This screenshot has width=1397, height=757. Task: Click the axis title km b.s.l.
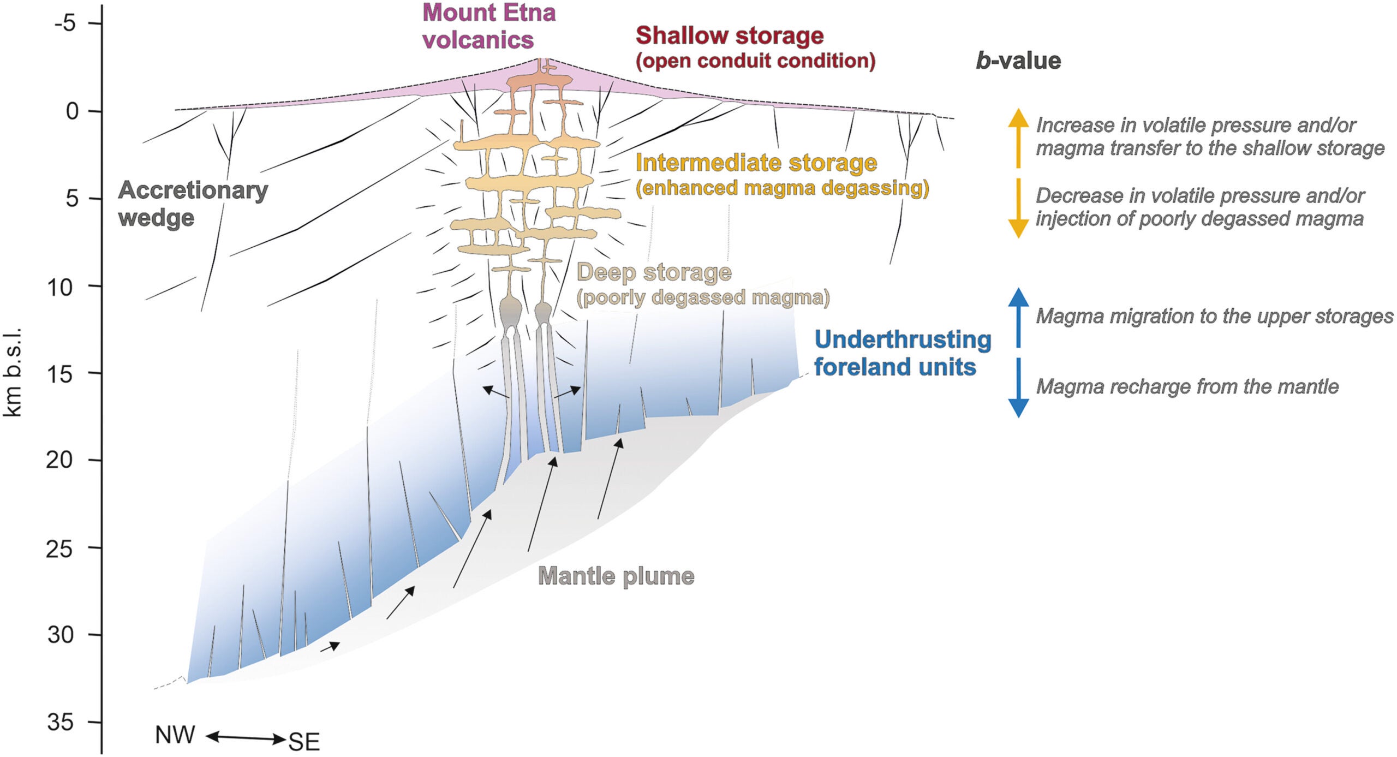[x=12, y=373]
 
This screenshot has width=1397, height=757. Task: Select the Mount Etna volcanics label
[x=488, y=26]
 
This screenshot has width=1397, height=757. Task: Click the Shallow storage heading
[x=730, y=35]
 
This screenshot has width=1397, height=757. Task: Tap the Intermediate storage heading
[x=756, y=163]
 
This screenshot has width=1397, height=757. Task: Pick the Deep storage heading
[x=654, y=272]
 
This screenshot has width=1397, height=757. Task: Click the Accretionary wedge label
[x=193, y=204]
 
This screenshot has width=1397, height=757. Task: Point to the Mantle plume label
[x=616, y=576]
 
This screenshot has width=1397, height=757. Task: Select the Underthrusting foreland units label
[x=902, y=353]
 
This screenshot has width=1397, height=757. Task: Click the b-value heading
[x=1018, y=61]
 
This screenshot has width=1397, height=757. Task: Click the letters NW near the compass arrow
[x=175, y=735]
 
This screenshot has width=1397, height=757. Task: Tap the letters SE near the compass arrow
[x=304, y=742]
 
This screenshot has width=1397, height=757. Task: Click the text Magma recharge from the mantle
[x=1187, y=387]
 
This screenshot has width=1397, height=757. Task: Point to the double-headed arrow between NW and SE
[x=246, y=738]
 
